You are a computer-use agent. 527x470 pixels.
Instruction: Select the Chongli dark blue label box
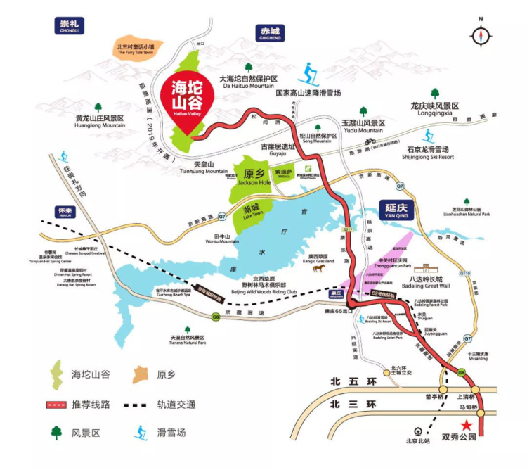[69, 25]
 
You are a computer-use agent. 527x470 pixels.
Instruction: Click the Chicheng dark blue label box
[271, 34]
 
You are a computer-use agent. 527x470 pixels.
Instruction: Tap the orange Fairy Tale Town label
[140, 49]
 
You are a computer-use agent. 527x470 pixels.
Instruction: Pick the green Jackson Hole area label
[254, 177]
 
